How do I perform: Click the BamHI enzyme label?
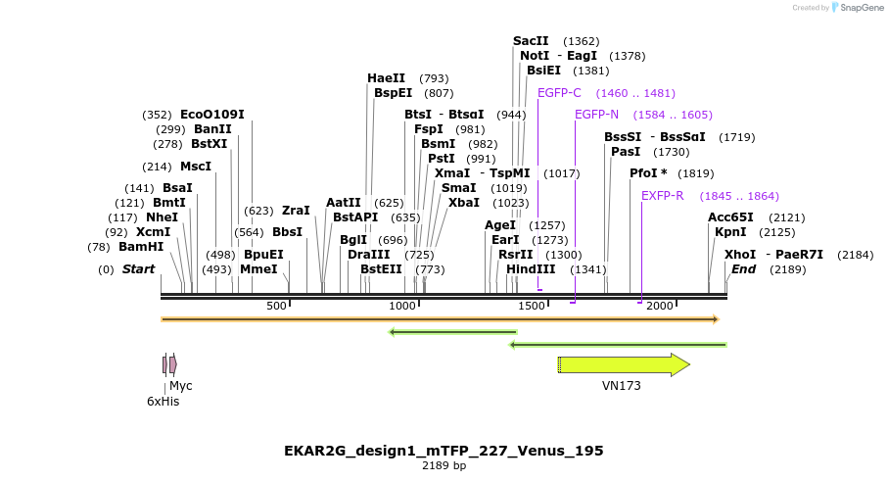(141, 247)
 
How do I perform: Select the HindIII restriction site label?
(531, 268)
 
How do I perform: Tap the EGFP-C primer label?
(559, 93)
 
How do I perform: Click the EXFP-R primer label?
(663, 196)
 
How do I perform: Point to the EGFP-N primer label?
(596, 115)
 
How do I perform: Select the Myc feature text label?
(181, 386)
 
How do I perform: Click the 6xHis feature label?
(163, 402)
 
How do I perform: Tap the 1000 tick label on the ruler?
(403, 306)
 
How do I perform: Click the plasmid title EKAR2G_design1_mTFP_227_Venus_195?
(444, 451)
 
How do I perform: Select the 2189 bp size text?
(444, 465)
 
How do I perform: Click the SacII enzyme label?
(531, 41)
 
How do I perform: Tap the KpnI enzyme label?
(730, 232)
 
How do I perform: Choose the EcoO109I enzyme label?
(212, 115)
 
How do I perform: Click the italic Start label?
(138, 268)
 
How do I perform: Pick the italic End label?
(743, 268)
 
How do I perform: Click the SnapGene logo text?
(858, 8)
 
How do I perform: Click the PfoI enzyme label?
(648, 173)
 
